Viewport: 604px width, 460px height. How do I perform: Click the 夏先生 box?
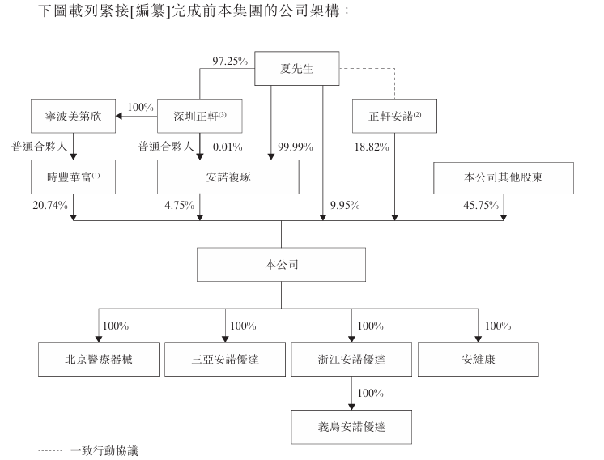tap(296, 68)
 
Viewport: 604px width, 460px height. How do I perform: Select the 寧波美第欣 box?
tap(73, 116)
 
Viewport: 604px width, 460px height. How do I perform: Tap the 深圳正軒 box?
tap(199, 116)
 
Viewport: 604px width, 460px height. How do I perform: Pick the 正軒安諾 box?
tap(394, 116)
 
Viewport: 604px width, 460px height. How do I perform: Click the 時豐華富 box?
tap(73, 177)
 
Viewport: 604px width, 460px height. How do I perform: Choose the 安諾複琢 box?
tap(228, 177)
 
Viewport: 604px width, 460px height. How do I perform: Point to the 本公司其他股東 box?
tap(504, 177)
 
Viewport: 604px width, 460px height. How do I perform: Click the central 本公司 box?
tap(281, 264)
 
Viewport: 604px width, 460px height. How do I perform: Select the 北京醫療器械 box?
tap(99, 359)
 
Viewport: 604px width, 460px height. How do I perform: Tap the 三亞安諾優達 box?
tap(225, 359)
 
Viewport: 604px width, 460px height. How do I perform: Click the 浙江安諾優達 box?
tap(351, 359)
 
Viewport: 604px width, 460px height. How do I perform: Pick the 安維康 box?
tap(478, 359)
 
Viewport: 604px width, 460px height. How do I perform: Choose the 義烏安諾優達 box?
tap(351, 427)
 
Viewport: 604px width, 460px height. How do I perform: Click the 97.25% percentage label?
tap(230, 61)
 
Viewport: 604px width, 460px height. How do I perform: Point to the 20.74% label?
tap(50, 205)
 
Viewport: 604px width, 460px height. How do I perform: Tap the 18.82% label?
tap(372, 147)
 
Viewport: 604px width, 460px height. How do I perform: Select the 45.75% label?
tap(481, 205)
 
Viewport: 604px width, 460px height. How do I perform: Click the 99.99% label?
tap(296, 147)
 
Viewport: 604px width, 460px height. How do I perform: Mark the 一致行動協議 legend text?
tap(104, 451)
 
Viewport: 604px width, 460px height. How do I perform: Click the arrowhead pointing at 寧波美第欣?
tap(119, 116)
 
